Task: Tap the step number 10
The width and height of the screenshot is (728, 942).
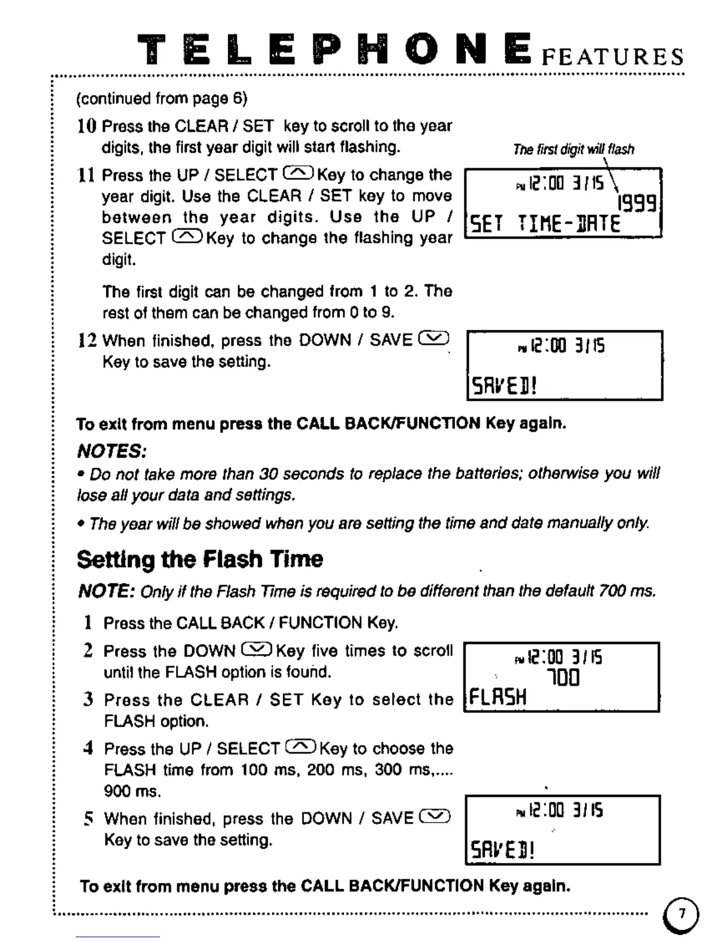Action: point(86,126)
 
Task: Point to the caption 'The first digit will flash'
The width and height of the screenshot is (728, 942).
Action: point(573,149)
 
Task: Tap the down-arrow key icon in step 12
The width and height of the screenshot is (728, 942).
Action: point(434,339)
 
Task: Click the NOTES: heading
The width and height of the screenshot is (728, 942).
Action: point(112,451)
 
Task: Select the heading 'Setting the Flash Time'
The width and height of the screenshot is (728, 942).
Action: point(200,559)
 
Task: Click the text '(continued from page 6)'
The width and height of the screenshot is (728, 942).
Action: point(161,98)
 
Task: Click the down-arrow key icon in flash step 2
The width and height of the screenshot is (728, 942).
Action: point(257,650)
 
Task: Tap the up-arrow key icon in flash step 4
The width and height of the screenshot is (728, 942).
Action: point(301,747)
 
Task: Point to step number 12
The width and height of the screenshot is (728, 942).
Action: point(87,341)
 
